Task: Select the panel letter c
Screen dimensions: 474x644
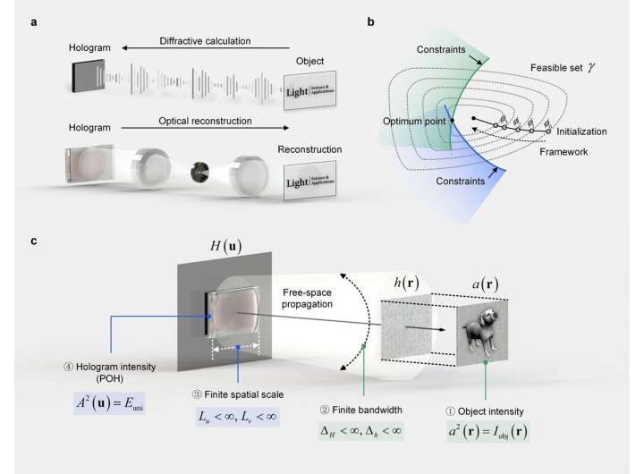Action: pos(34,241)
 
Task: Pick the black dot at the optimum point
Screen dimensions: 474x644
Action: pos(454,121)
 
